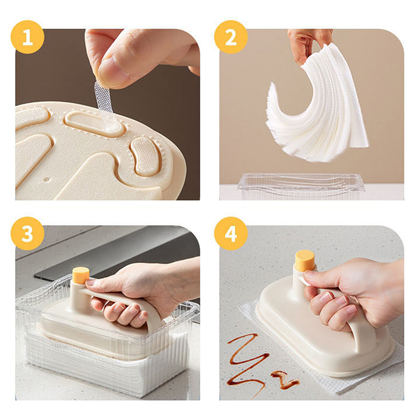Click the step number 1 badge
[x=27, y=37]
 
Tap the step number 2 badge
[x=231, y=37]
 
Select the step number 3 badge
[x=27, y=234]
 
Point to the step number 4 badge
[x=231, y=234]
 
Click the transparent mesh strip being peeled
[x=104, y=106]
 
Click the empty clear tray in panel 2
[x=301, y=186]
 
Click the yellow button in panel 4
[x=304, y=260]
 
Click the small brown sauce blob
[x=284, y=380]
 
